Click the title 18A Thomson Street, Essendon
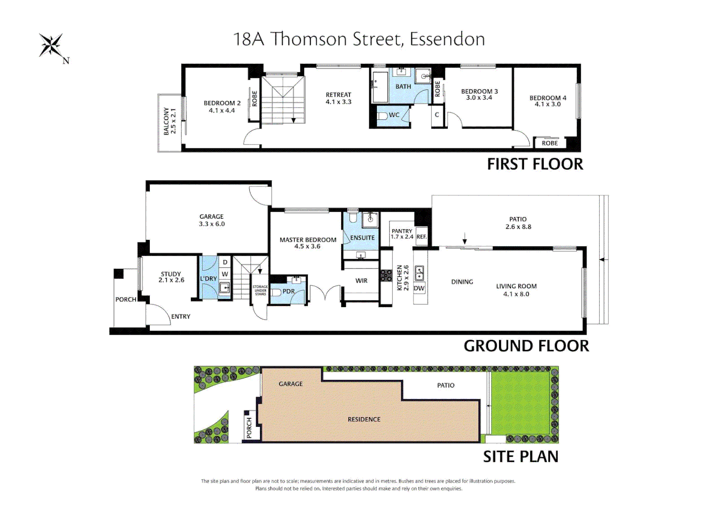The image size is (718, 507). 359,39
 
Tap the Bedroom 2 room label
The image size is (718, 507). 222,107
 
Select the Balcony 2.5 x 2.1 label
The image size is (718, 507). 170,121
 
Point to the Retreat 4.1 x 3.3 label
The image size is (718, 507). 338,98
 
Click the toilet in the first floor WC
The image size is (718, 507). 382,115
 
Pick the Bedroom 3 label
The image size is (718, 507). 479,94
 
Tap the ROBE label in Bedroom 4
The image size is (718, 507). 549,143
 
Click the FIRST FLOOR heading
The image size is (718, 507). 535,164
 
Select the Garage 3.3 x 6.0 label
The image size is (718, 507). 211,220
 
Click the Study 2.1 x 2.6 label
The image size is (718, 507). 171,277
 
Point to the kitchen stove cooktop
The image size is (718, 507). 386,276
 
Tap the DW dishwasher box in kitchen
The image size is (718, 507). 419,288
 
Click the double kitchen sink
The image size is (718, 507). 419,273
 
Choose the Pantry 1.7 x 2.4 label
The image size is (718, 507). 402,234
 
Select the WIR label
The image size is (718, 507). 361,281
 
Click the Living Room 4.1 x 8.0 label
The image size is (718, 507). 516,290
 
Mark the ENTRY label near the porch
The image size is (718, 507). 180,316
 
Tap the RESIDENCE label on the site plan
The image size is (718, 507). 364,419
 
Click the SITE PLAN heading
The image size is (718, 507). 521,457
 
